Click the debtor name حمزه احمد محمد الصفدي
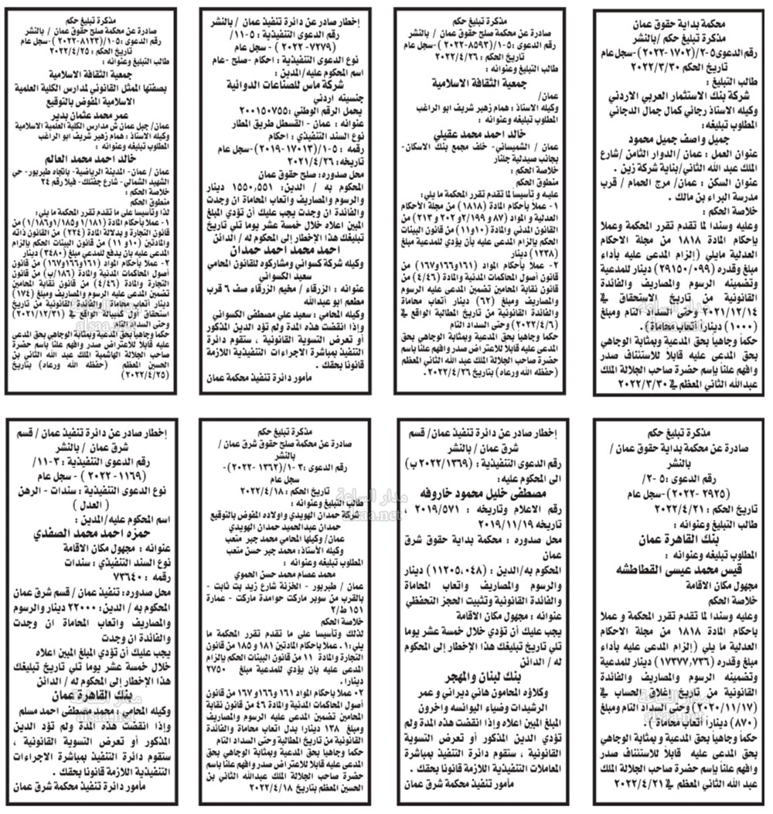92,533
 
